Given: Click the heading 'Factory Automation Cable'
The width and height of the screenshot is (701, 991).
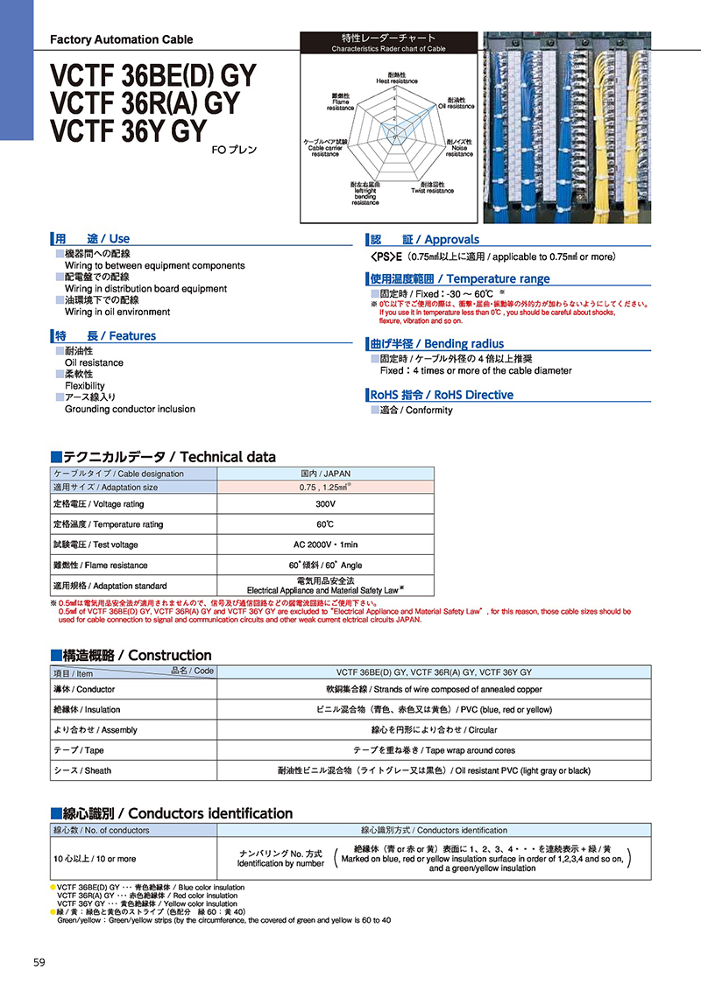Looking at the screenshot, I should (122, 39).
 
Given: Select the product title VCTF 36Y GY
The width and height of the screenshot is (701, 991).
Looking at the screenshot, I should (129, 130).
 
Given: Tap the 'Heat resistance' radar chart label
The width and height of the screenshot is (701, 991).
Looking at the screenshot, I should (397, 78).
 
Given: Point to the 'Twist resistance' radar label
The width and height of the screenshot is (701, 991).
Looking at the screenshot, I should (432, 187).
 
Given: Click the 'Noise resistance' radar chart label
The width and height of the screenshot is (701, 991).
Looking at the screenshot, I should (458, 147).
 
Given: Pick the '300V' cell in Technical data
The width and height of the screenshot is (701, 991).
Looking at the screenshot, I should (325, 504).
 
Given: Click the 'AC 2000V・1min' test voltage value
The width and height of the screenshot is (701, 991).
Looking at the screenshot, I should (325, 545).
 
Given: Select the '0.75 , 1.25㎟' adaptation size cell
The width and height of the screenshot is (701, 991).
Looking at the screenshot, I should (325, 487).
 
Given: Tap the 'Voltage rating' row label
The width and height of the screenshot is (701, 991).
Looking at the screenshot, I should (98, 504).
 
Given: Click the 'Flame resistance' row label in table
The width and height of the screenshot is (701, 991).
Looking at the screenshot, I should (100, 566).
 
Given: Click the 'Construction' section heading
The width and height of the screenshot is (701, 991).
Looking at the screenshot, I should (131, 656).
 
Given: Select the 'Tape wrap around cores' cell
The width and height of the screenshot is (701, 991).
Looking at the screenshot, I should (434, 750).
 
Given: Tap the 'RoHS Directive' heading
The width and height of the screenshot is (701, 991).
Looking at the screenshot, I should (442, 395).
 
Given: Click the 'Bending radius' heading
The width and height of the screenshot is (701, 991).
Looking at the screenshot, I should (437, 344).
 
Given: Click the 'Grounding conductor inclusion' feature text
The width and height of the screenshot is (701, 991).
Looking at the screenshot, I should (130, 409).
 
